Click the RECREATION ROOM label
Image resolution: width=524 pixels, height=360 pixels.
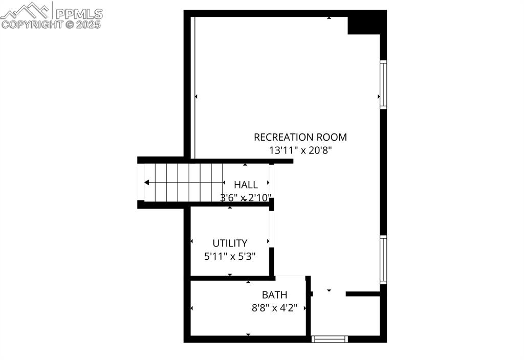(x=300, y=137)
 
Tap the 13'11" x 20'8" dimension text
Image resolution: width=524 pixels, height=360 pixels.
(x=300, y=150)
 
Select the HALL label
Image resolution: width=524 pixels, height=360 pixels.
(x=246, y=185)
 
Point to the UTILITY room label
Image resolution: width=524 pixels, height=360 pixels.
(x=230, y=243)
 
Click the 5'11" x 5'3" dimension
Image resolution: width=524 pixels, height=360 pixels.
(x=230, y=257)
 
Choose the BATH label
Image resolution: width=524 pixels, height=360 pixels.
(x=274, y=295)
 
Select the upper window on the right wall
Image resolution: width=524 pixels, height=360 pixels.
(x=383, y=84)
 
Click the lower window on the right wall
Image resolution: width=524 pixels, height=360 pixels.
(x=383, y=259)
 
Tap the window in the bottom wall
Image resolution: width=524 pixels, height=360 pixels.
(x=330, y=339)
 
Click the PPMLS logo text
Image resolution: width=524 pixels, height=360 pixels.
(x=79, y=13)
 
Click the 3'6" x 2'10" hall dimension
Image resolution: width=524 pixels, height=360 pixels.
(x=246, y=198)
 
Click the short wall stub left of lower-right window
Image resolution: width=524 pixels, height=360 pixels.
(x=362, y=294)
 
